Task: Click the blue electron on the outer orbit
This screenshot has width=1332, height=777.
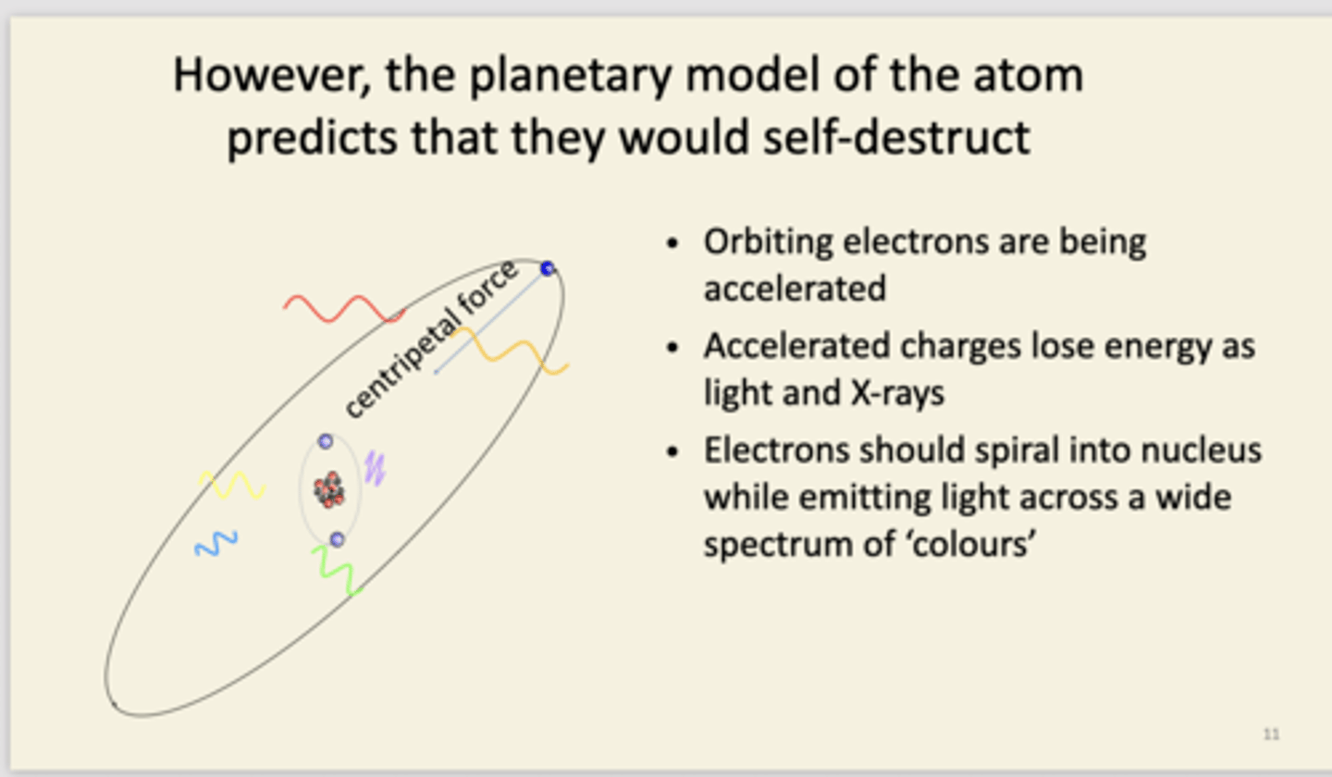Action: (x=548, y=268)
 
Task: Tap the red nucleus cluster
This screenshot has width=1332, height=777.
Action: (x=328, y=489)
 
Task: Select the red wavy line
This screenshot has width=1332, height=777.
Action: (x=344, y=309)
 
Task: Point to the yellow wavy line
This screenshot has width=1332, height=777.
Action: (x=232, y=485)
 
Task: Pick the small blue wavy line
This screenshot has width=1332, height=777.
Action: (x=216, y=544)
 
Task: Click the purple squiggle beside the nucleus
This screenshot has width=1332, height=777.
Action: (x=374, y=467)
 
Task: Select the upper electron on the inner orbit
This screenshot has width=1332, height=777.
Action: (x=326, y=442)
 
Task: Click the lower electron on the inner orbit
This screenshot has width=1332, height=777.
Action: (x=337, y=539)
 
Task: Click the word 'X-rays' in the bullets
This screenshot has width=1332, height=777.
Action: (x=895, y=394)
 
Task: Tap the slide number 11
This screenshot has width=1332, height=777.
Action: (x=1271, y=734)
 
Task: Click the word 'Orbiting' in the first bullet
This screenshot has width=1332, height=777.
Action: (x=770, y=242)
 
